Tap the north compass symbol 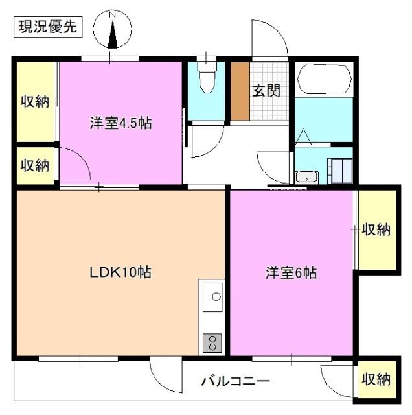pos(113,31)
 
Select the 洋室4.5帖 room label pos(120,123)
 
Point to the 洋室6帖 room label pos(291,273)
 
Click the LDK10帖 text pos(120,273)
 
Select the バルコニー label pos(235,381)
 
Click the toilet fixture pos(206,77)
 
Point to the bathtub pos(324,79)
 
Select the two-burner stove pos(212,341)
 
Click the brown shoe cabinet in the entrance pos(240,91)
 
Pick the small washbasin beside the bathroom pos(305,176)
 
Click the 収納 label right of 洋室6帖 pos(376,229)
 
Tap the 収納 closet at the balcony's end pos(376,378)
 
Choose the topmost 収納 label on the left pos(34,101)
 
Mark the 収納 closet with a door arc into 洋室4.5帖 pos(34,165)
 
